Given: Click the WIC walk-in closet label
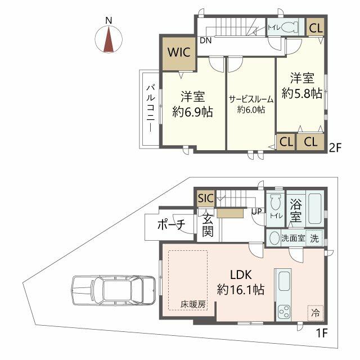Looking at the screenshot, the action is click(179, 52).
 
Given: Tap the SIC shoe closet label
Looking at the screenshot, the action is click(206, 198).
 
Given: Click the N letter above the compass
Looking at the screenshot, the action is click(109, 21).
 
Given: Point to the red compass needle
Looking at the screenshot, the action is click(109, 39).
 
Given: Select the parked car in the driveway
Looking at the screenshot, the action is click(114, 291).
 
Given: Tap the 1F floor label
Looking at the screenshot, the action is click(321, 333).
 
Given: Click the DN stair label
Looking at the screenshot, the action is click(205, 40).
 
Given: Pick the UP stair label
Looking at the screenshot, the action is click(256, 211).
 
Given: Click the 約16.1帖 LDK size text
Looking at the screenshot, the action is click(241, 289).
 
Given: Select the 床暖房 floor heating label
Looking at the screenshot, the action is click(193, 305).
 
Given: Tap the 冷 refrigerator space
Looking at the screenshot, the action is click(315, 313).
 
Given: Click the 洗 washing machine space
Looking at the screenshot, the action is click(314, 238).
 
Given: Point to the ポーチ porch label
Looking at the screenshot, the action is click(171, 224).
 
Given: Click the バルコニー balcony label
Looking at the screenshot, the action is click(151, 109).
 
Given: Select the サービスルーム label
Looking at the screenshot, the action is click(251, 100).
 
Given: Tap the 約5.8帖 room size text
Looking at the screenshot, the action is click(301, 93).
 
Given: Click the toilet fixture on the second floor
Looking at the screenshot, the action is click(290, 28).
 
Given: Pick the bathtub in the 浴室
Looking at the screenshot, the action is click(315, 209).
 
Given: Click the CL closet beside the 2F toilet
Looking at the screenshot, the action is click(316, 28).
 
